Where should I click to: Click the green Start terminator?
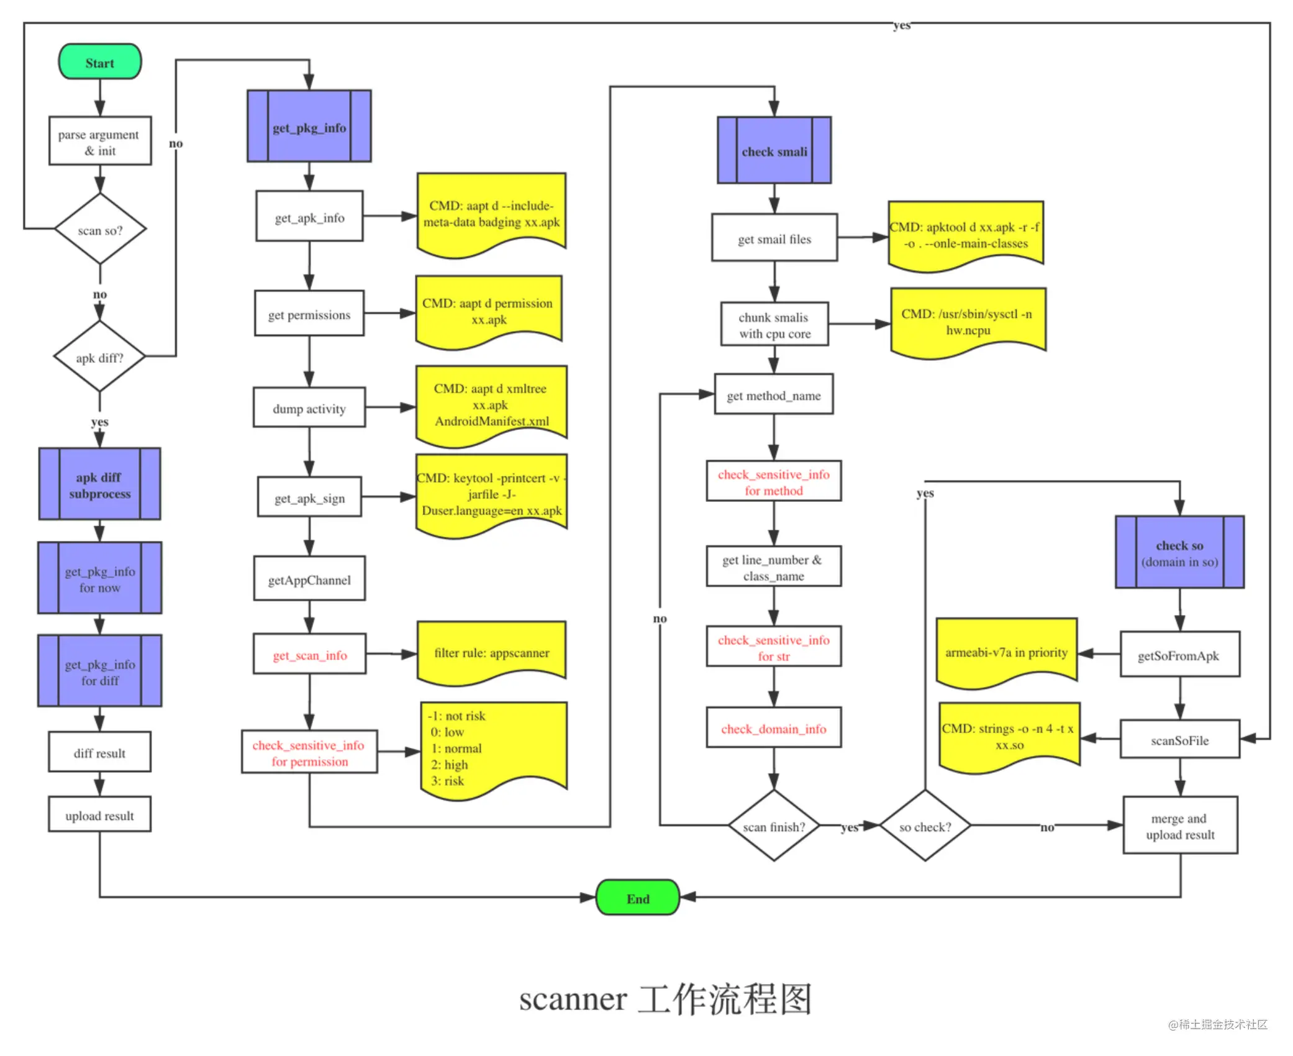tap(99, 62)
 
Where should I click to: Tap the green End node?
tap(638, 898)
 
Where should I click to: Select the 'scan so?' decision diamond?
tap(100, 230)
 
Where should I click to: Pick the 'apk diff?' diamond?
tap(99, 357)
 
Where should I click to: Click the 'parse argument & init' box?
tap(99, 142)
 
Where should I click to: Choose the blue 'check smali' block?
tap(774, 151)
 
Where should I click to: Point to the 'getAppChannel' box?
tap(309, 580)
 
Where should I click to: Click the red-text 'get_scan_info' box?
tap(309, 655)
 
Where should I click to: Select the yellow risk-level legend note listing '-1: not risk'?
tap(494, 749)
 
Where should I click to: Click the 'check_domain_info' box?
tap(774, 728)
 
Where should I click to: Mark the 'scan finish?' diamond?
tap(774, 826)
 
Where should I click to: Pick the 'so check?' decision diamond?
tap(925, 826)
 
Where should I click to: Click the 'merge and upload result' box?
tap(1180, 826)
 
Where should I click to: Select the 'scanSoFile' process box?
tap(1180, 740)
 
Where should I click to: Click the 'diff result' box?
tap(99, 753)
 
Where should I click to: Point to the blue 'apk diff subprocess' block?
tap(99, 485)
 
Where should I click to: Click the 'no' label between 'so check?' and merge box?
tap(1047, 827)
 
